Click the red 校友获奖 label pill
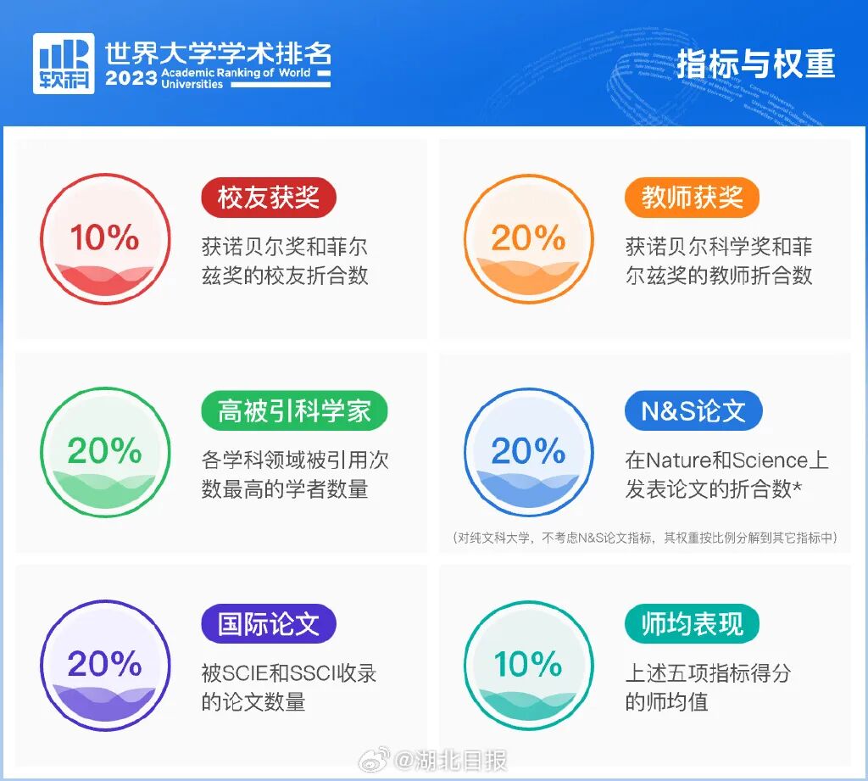pos(269,198)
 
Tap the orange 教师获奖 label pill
pos(692,198)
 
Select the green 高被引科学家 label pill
pos(294,411)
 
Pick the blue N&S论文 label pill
pos(693,411)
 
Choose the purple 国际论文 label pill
pos(269,624)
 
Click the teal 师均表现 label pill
pos(692,624)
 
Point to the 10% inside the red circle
pos(105,238)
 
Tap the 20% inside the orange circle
pos(528,238)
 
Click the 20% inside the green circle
pos(105,451)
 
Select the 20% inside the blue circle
pos(528,451)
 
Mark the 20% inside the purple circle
pos(105,664)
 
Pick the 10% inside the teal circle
pos(528,664)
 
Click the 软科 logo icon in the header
pos(64,64)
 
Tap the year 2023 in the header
pos(131,78)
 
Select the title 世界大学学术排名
pos(218,53)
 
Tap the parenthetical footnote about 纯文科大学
pos(645,538)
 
